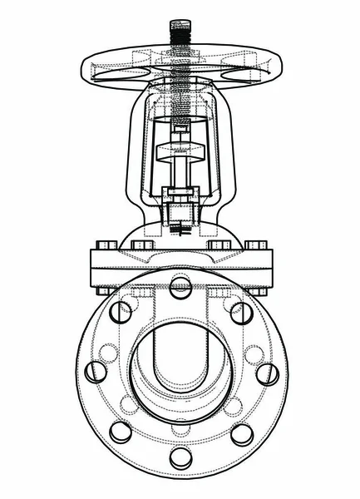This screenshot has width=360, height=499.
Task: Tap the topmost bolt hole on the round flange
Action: point(180,287)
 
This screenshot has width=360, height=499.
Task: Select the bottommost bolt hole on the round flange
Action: point(180,457)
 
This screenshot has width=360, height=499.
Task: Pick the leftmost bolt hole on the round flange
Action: point(96,372)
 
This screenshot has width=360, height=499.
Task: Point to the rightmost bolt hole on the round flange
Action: point(267,373)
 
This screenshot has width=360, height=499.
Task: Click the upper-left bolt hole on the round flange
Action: point(121,312)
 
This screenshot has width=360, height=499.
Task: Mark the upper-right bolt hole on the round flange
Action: point(241,313)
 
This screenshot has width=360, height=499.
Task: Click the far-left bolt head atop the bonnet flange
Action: point(106,245)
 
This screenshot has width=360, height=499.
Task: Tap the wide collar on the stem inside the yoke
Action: point(180,155)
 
